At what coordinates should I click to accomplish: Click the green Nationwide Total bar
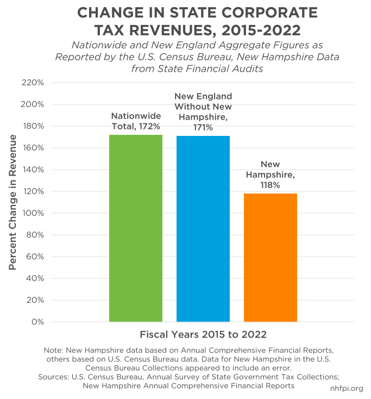(x=136, y=228)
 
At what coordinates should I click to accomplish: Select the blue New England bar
(x=203, y=229)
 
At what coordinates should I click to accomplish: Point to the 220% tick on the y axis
(x=33, y=83)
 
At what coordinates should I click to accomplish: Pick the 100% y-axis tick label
(x=33, y=213)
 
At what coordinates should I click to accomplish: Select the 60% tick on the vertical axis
(x=35, y=257)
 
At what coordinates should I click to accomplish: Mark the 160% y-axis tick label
(x=33, y=148)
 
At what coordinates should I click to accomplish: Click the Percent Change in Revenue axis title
(x=13, y=202)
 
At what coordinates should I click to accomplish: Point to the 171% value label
(x=203, y=127)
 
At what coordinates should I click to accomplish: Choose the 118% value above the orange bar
(x=270, y=185)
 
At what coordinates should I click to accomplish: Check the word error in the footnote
(x=284, y=367)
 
